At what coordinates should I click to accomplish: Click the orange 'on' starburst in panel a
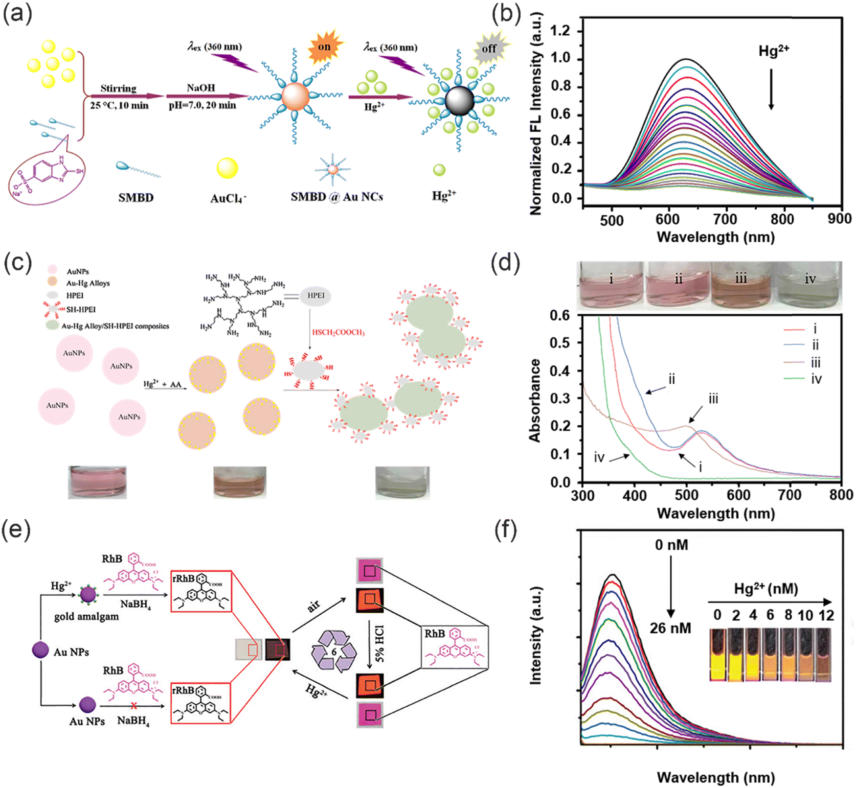[x=325, y=47]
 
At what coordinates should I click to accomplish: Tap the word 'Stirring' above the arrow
[x=118, y=88]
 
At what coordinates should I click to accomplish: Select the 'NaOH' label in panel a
[x=201, y=88]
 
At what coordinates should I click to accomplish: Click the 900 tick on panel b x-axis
[x=839, y=219]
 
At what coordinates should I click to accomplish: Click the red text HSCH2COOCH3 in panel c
[x=338, y=332]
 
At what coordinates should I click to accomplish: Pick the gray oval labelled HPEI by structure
[x=315, y=296]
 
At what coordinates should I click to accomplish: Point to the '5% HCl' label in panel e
[x=380, y=644]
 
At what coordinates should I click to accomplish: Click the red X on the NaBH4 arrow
[x=134, y=706]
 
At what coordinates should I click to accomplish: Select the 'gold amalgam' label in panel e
[x=87, y=616]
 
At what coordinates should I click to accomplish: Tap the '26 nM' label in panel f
[x=670, y=628]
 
